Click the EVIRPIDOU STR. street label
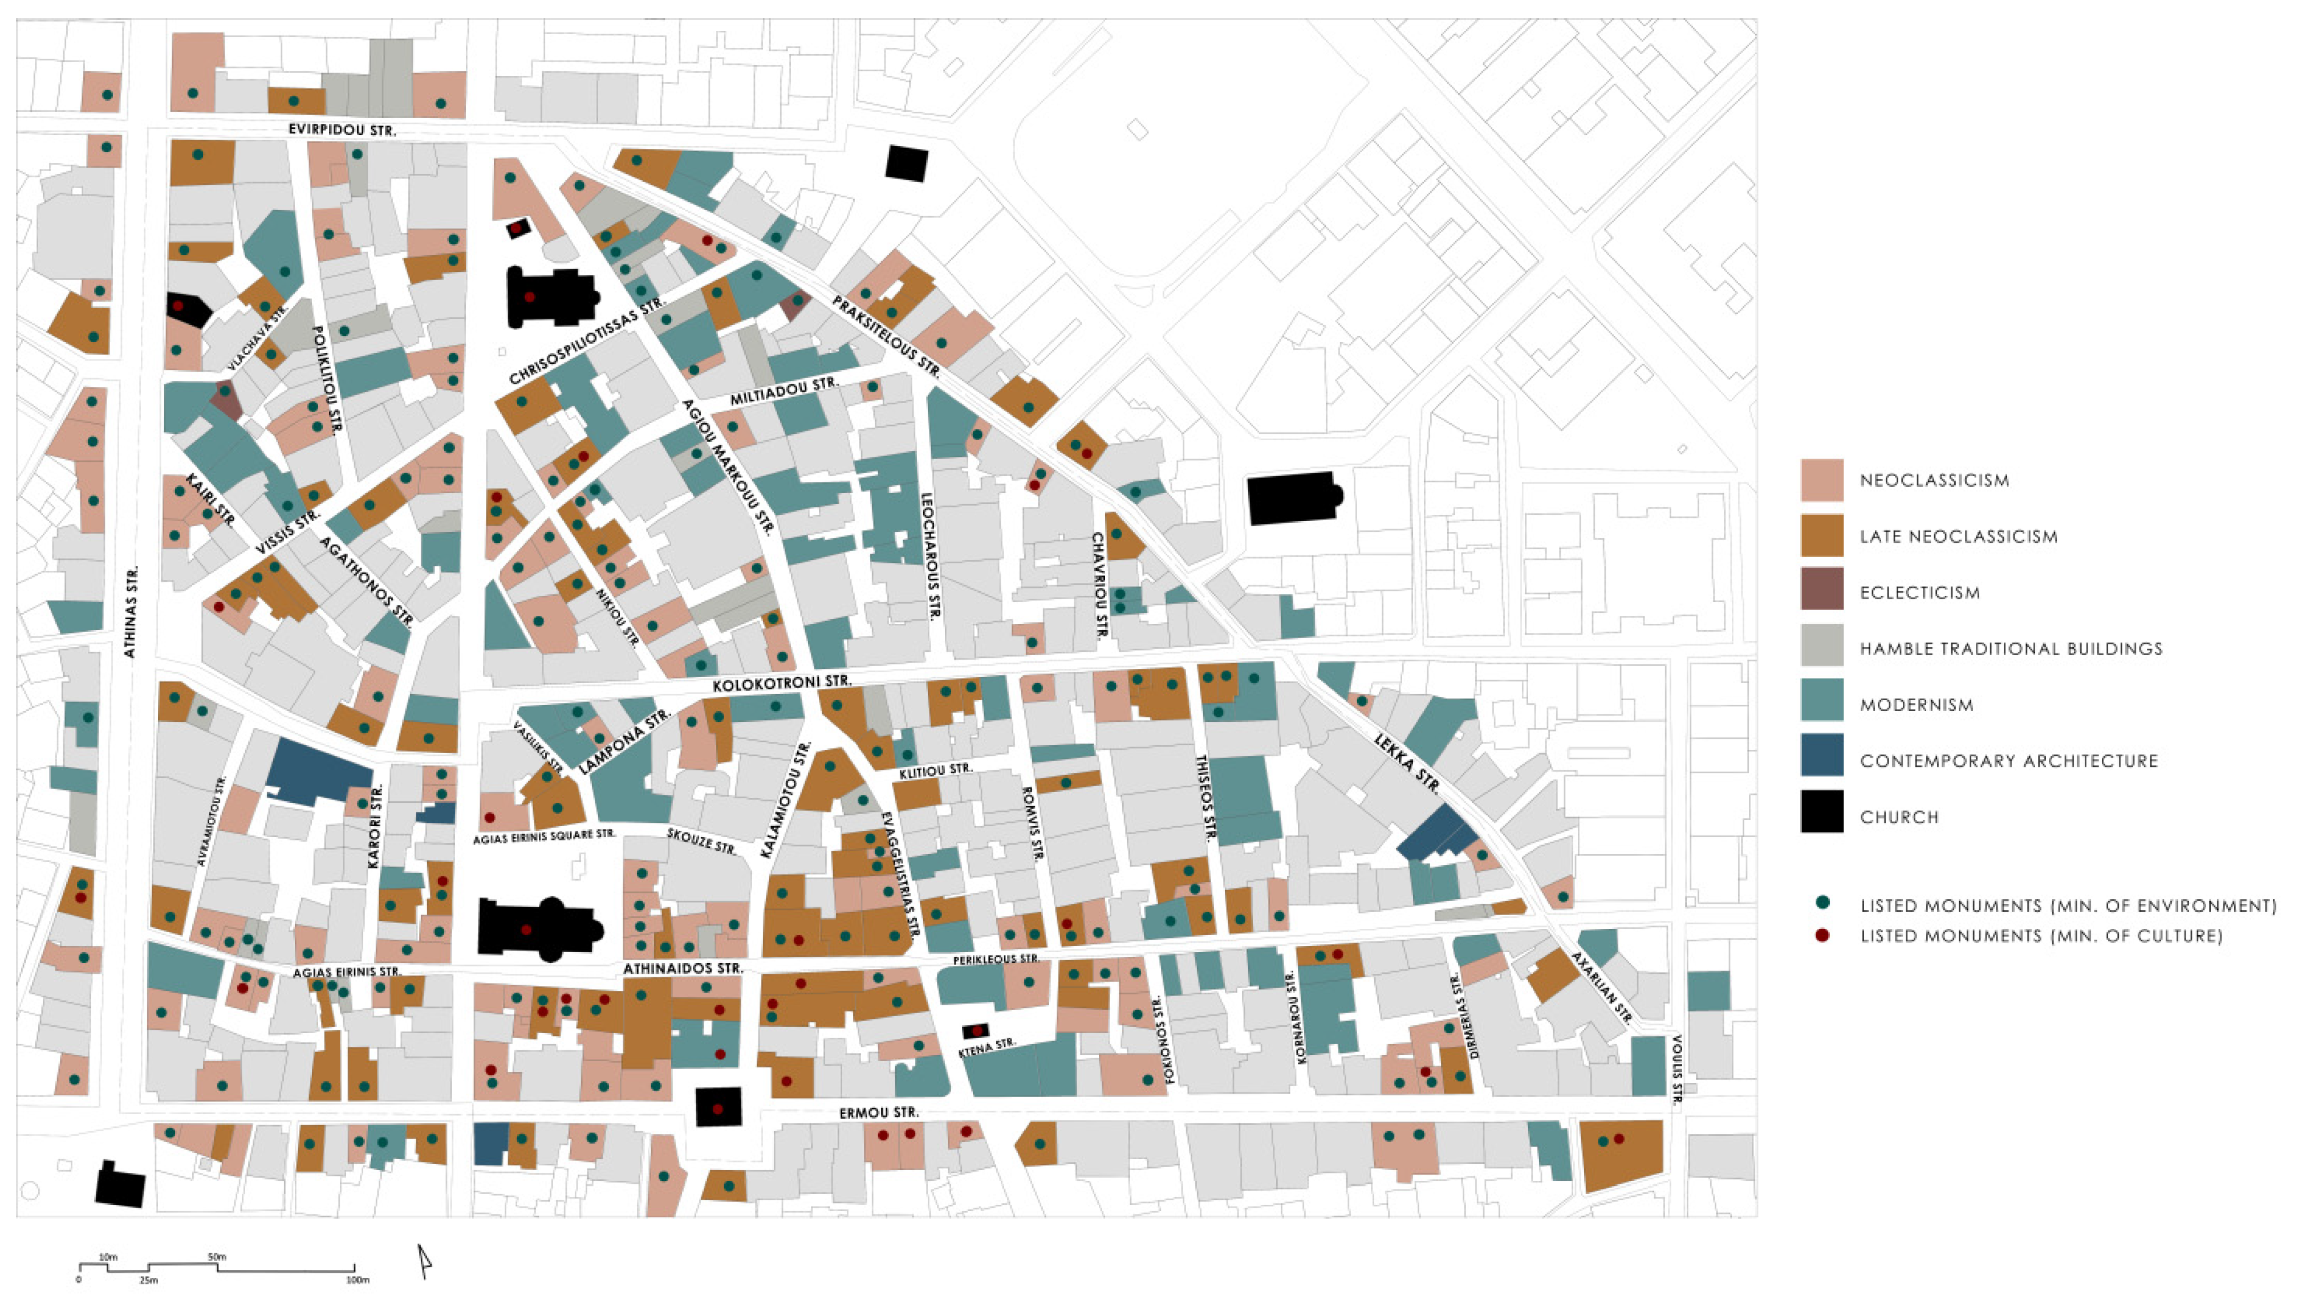[x=342, y=130]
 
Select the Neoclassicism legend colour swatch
[x=1821, y=480]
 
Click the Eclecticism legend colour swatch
[x=1821, y=592]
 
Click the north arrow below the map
[x=423, y=1262]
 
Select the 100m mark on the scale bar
[x=357, y=1280]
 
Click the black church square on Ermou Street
[x=717, y=1107]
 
